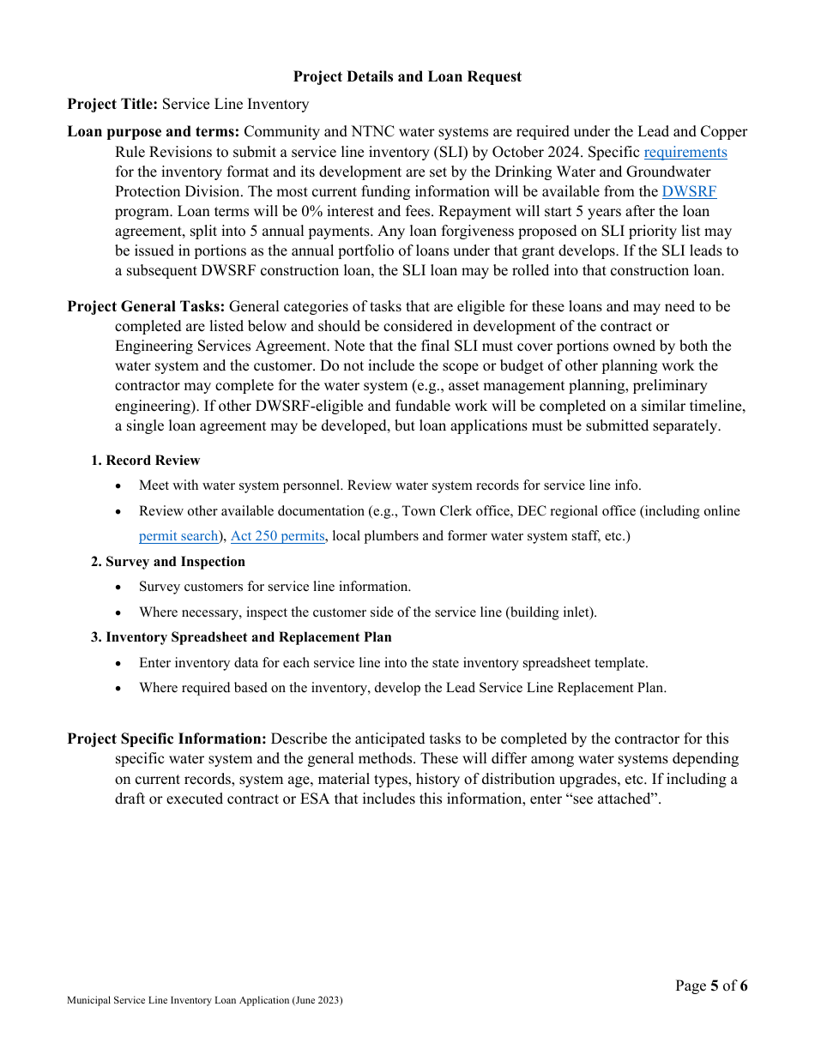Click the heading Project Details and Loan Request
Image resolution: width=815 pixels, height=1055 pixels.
pyautogui.click(x=407, y=77)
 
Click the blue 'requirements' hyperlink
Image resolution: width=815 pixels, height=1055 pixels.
pyautogui.click(x=685, y=152)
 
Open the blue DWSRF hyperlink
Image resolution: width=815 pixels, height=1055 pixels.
pyautogui.click(x=689, y=191)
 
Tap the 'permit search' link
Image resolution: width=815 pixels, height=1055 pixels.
pyautogui.click(x=178, y=536)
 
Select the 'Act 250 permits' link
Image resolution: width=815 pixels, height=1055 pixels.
pyautogui.click(x=277, y=536)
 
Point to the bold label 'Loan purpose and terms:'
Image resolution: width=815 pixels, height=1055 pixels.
pyautogui.click(x=154, y=132)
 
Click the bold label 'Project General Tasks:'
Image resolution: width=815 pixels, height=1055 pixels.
pyautogui.click(x=147, y=306)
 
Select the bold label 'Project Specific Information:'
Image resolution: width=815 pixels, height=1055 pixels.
pyautogui.click(x=167, y=738)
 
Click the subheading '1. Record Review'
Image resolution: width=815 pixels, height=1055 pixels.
pyautogui.click(x=145, y=461)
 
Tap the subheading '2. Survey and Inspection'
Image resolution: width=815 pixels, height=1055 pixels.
pyautogui.click(x=168, y=562)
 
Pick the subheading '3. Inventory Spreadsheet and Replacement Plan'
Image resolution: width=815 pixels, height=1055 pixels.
pyautogui.click(x=241, y=637)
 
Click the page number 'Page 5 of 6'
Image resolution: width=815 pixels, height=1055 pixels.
pyautogui.click(x=710, y=986)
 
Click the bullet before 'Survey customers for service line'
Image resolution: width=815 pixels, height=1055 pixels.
pyautogui.click(x=119, y=588)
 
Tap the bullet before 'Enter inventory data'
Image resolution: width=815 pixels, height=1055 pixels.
pyautogui.click(x=119, y=664)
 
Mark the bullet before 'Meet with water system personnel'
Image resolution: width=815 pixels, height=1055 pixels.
pyautogui.click(x=119, y=486)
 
